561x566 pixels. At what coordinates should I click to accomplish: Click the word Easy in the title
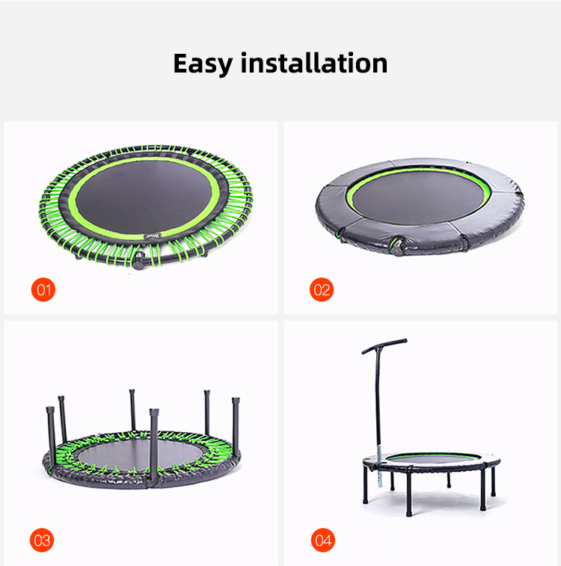pyautogui.click(x=203, y=64)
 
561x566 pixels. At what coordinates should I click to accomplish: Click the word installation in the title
pyautogui.click(x=314, y=64)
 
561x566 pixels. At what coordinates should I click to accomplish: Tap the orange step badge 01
pyautogui.click(x=43, y=289)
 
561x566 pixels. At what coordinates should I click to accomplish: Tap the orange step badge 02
pyautogui.click(x=322, y=289)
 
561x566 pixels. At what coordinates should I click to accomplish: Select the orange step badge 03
pyautogui.click(x=43, y=538)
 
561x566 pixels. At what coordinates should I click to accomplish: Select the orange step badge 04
pyautogui.click(x=322, y=538)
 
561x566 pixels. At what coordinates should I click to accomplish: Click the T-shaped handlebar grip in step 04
pyautogui.click(x=384, y=345)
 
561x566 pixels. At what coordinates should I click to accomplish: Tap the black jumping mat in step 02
pyautogui.click(x=418, y=197)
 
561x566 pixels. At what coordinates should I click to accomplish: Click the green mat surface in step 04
pyautogui.click(x=426, y=456)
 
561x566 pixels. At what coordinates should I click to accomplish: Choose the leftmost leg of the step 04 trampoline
pyautogui.click(x=364, y=486)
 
